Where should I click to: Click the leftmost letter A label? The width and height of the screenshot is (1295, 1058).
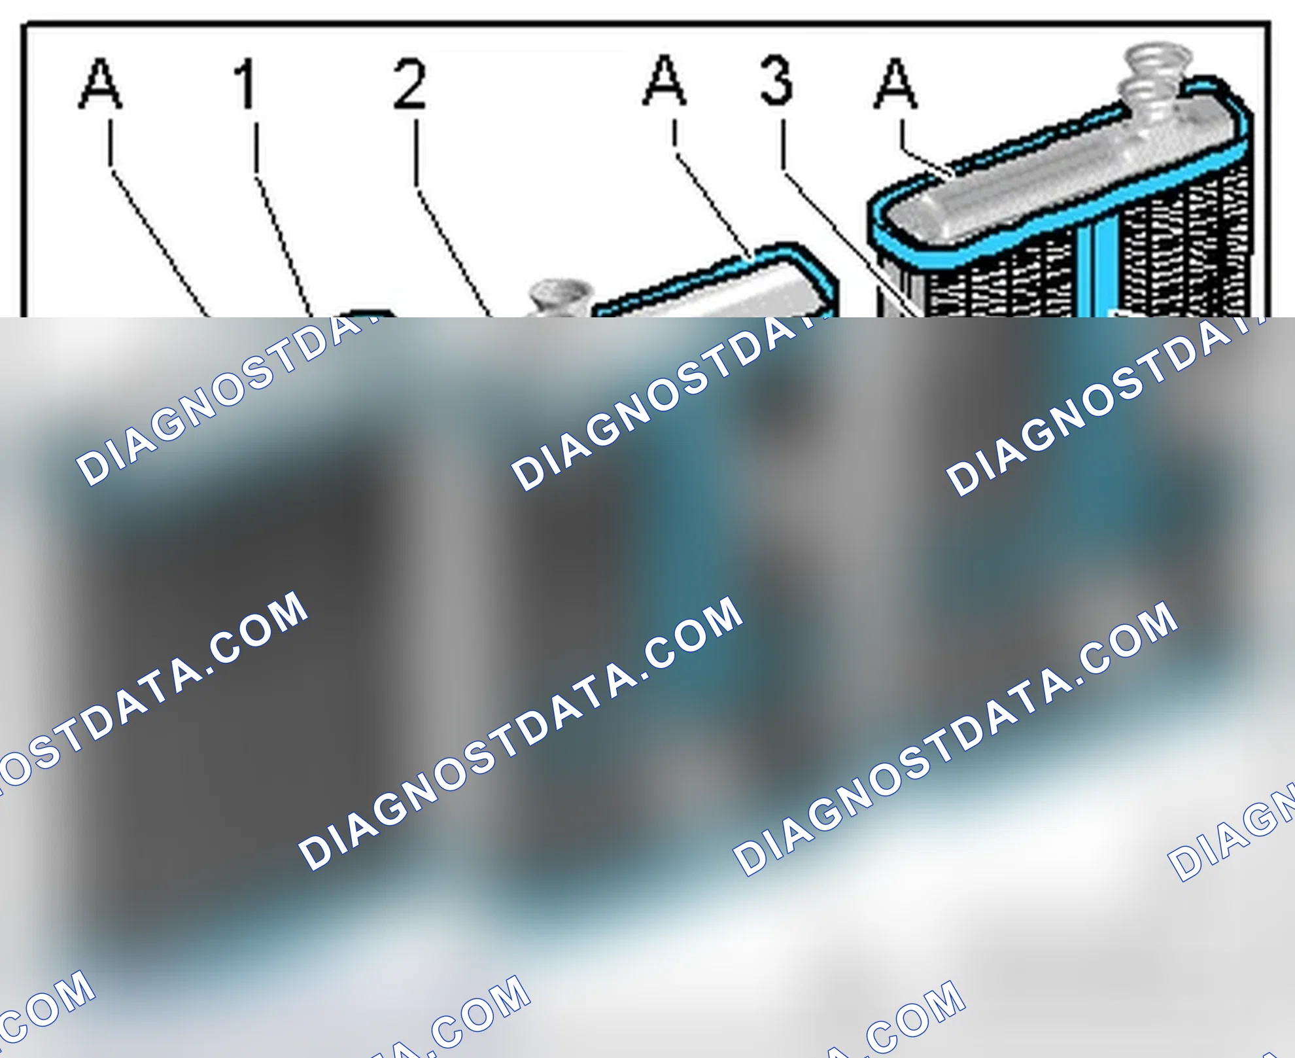(x=100, y=83)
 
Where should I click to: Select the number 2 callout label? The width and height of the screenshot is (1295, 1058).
(x=410, y=83)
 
